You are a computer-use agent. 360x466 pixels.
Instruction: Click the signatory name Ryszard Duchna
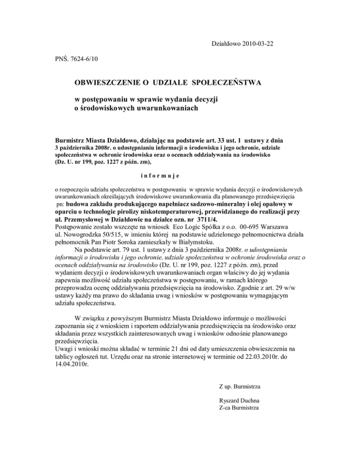[x=238, y=401]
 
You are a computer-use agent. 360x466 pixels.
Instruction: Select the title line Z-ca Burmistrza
[x=239, y=409]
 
